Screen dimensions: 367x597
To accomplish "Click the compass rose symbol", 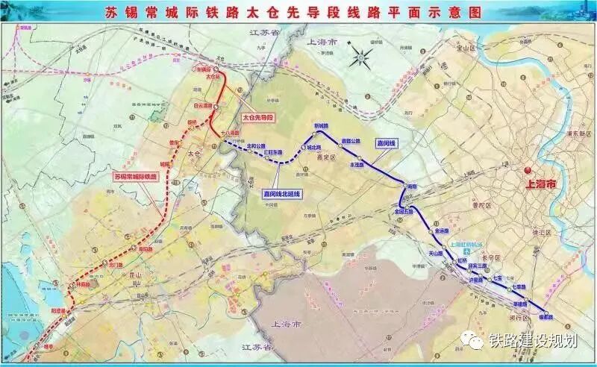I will pyautogui.click(x=360, y=55).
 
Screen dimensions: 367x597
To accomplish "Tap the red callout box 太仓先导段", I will pyautogui.click(x=259, y=118).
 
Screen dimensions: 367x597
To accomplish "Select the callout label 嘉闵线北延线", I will pyautogui.click(x=281, y=194).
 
